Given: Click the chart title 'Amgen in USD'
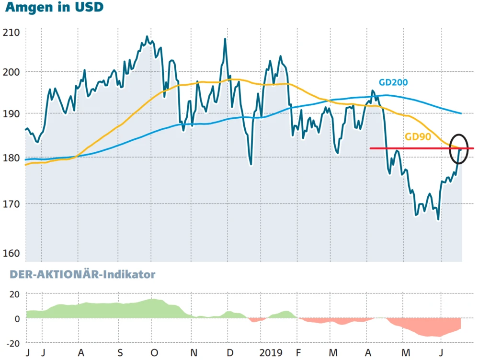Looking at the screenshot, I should (54, 8).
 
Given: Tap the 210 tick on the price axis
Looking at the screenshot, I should (11, 33).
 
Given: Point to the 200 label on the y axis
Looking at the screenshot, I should (11, 72).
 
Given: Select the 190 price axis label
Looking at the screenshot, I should (11, 114).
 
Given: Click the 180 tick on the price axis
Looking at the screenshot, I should (11, 158).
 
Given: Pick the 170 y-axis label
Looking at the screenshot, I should (11, 204).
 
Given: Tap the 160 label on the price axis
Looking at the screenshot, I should (11, 253).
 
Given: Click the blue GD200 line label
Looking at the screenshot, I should (393, 82).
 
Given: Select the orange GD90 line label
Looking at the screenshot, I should (419, 136).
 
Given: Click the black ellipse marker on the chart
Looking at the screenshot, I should (458, 149).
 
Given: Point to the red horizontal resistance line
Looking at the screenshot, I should (407, 148).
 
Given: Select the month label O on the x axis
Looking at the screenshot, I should (154, 353).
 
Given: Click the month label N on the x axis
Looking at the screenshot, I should (194, 353).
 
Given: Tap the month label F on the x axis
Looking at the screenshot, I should (298, 353).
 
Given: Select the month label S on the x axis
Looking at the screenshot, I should (120, 353).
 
